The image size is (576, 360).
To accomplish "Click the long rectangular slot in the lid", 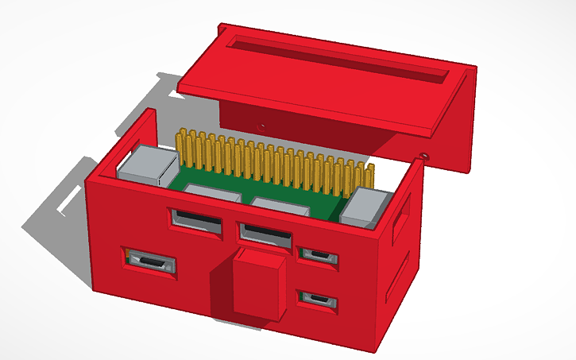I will pos(334,56).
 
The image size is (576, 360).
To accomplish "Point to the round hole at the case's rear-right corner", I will pos(425,155).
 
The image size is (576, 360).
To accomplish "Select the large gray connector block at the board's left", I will pos(145,166).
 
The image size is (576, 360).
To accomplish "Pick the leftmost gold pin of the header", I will pos(182,147).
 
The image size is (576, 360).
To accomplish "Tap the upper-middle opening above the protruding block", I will pos(266,233).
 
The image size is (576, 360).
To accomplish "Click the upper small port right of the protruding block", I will pos(318,256).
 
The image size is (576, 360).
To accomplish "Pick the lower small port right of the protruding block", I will pos(318,300).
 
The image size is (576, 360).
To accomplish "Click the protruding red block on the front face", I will pos(259,281).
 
